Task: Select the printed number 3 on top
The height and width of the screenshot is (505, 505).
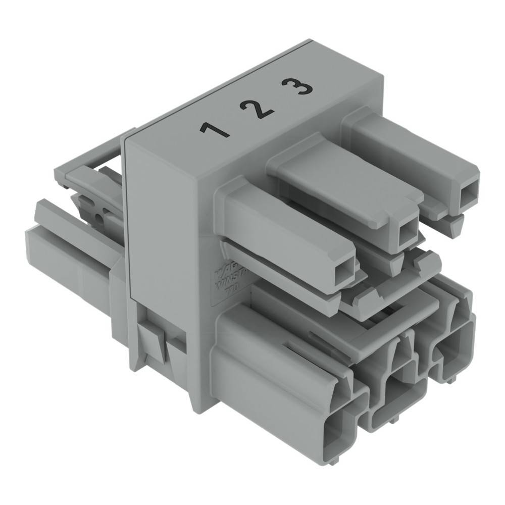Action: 297,87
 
